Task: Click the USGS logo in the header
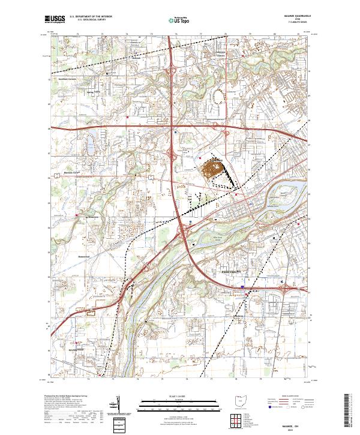[x=54, y=20]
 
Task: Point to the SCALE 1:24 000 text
[x=179, y=397]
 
